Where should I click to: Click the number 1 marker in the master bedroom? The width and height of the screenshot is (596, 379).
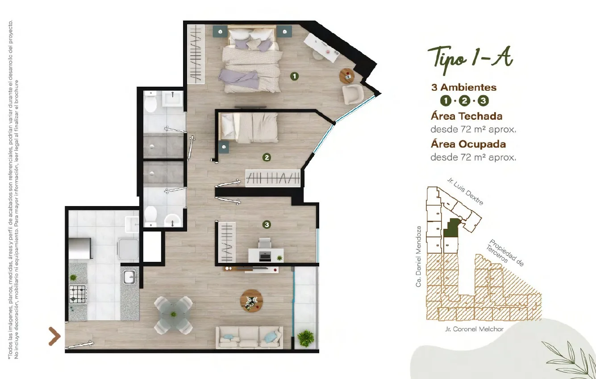tap(294, 76)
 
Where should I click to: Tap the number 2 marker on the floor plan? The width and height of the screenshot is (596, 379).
tap(267, 157)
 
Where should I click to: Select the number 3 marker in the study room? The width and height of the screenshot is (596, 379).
tap(267, 224)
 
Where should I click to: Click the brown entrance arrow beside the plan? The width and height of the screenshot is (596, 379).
tap(54, 337)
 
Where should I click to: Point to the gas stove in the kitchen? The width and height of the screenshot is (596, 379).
tap(78, 294)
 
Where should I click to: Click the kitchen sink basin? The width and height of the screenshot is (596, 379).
tap(130, 277)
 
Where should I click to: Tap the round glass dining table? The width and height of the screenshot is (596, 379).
tap(174, 315)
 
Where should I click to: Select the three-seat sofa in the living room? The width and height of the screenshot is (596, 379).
tap(249, 337)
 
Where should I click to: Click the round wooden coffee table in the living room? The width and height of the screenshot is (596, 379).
tap(251, 300)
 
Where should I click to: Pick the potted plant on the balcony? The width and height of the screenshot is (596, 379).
tap(305, 338)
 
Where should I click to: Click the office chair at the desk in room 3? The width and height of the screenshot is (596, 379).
tap(265, 244)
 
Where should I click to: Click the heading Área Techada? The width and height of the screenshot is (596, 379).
tap(467, 116)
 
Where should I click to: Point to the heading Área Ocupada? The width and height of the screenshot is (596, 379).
tap(468, 144)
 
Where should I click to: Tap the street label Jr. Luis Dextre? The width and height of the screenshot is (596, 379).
tap(465, 191)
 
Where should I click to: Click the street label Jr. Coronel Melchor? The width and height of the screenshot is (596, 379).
tap(474, 329)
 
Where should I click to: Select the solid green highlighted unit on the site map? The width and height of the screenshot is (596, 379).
tap(451, 227)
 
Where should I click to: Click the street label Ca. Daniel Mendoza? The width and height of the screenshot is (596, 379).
tap(418, 257)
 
